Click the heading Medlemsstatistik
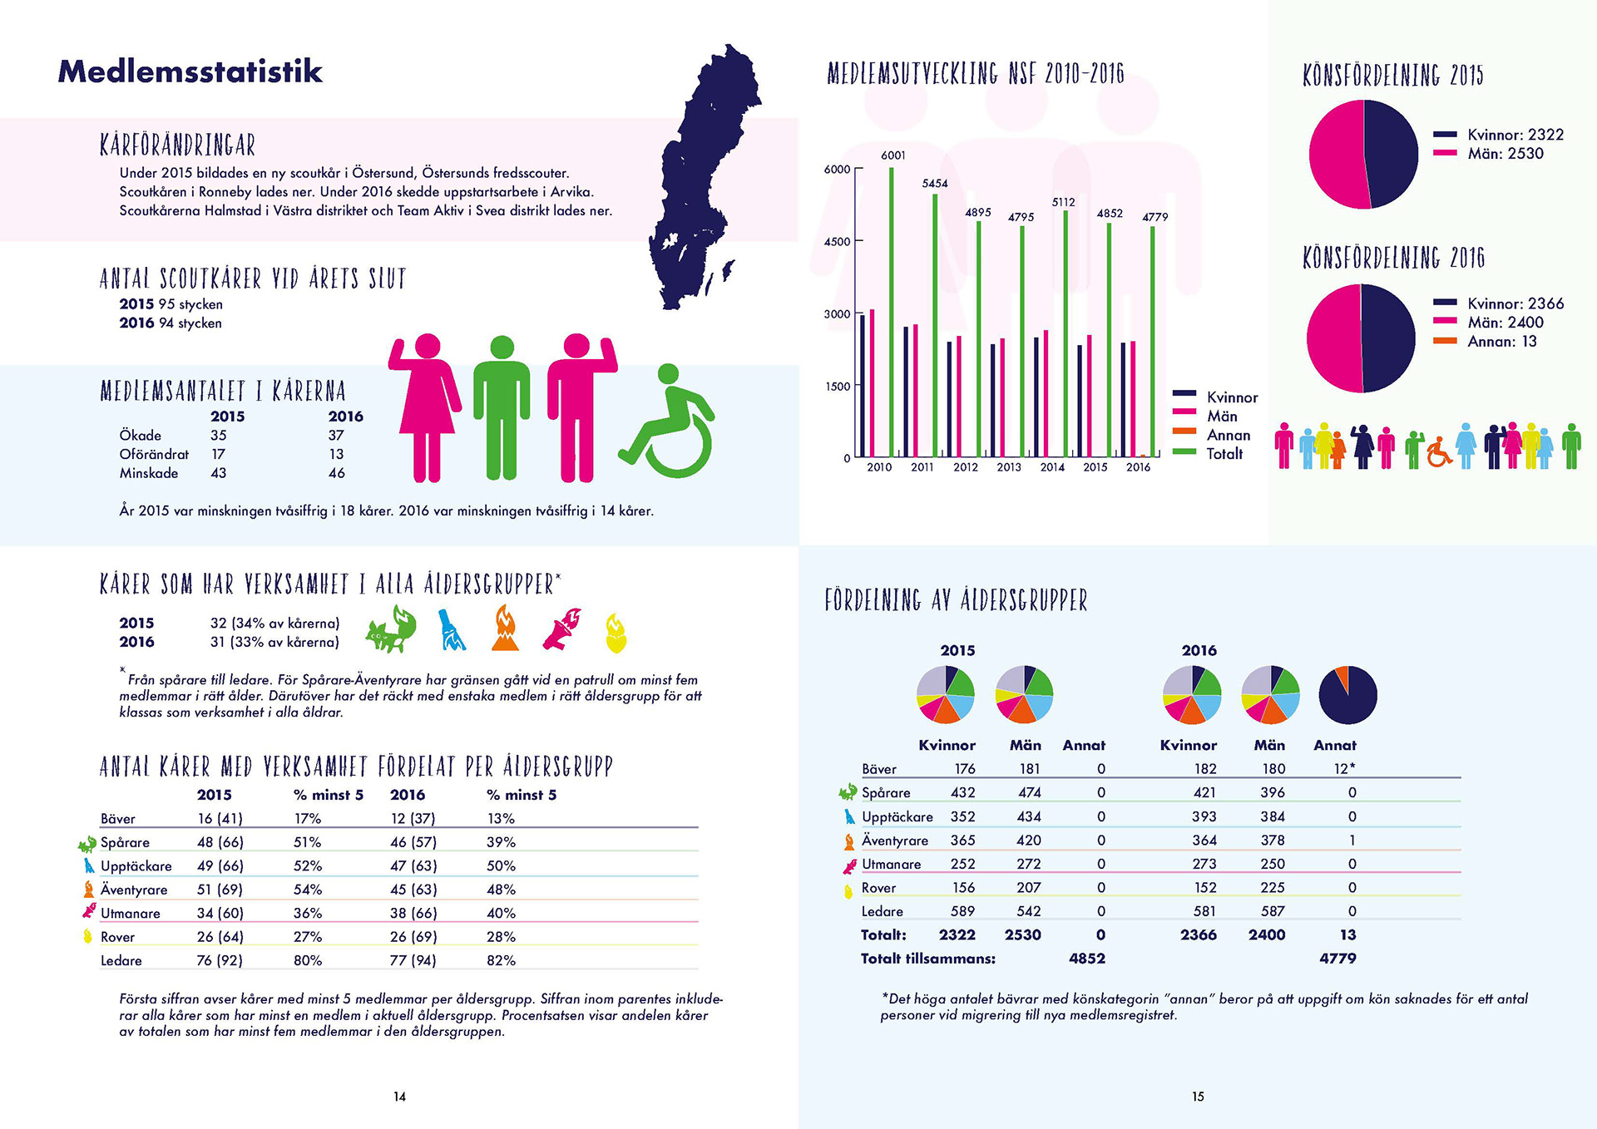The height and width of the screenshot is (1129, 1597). click(190, 71)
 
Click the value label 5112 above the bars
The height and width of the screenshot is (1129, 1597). click(1063, 202)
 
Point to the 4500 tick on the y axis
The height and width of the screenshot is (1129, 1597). click(837, 242)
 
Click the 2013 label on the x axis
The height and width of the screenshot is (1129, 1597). click(1008, 467)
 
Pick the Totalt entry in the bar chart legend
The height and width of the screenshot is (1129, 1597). click(1224, 454)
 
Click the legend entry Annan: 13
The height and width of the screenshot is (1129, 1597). click(1501, 342)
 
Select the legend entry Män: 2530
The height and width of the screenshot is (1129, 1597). click(1505, 154)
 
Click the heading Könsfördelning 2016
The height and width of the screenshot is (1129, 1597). click(1393, 258)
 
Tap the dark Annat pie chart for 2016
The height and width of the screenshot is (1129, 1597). click(1347, 695)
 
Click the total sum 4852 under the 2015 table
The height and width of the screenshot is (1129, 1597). click(1086, 959)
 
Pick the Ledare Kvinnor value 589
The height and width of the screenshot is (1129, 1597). click(962, 911)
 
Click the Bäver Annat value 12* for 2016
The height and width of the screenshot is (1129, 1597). click(1344, 769)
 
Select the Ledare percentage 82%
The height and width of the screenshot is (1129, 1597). click(501, 960)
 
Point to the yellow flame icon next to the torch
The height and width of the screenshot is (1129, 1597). click(616, 634)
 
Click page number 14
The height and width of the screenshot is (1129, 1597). click(399, 1097)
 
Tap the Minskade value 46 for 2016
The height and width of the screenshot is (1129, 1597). click(336, 473)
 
